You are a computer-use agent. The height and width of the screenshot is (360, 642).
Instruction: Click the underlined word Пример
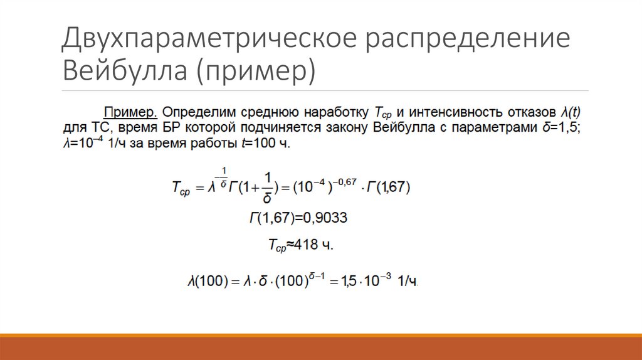(130, 112)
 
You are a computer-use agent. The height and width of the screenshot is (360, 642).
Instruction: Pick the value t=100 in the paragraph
(258, 144)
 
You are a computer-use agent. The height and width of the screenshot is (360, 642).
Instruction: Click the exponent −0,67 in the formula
(343, 181)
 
